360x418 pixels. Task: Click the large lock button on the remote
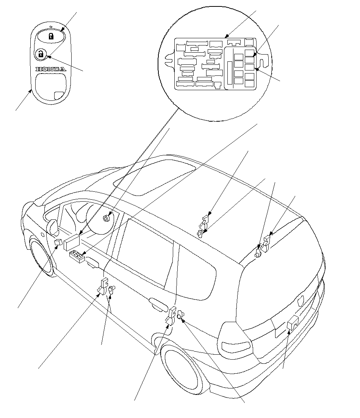tap(51, 37)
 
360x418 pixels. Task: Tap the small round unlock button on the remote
tap(41, 55)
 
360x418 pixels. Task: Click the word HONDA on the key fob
tap(50, 69)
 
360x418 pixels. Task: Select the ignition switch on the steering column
tap(106, 218)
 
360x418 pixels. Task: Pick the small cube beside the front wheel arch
tap(58, 243)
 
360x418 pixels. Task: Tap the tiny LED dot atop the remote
tap(51, 27)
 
